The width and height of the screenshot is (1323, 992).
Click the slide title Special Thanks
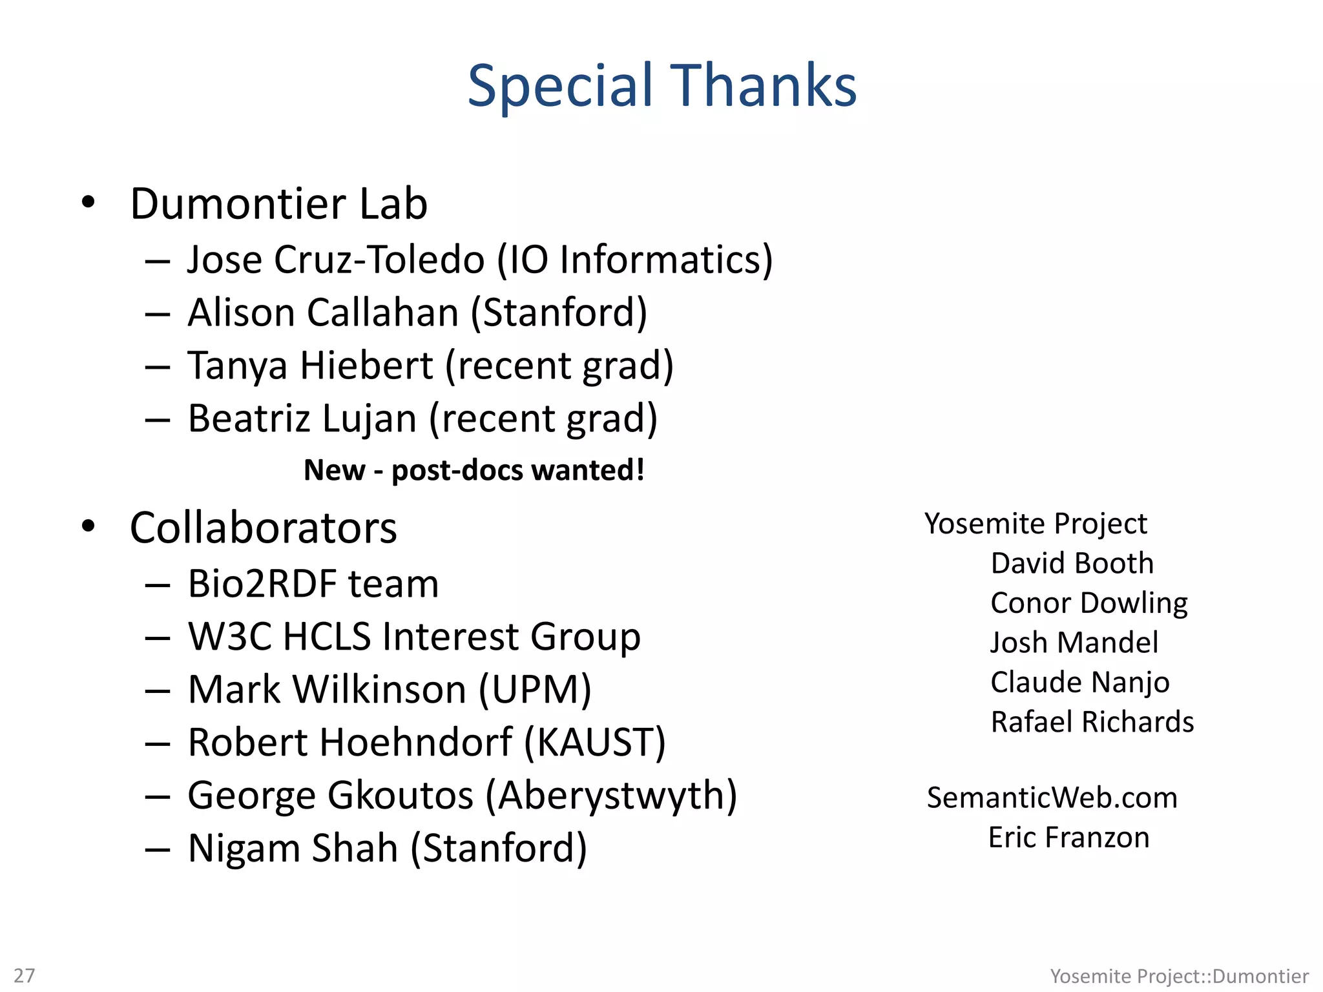tap(661, 85)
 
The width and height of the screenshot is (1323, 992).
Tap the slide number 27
tap(25, 975)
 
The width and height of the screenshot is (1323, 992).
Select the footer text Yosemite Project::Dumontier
tap(1179, 975)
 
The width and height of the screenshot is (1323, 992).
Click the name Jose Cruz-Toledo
tap(336, 260)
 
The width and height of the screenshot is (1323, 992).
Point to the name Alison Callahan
tap(323, 313)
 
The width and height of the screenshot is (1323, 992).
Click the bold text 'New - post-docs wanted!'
tap(474, 470)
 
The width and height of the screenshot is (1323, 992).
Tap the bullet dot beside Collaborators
tap(89, 526)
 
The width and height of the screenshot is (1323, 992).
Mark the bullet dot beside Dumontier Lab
tap(89, 202)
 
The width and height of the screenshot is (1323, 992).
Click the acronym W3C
tap(231, 637)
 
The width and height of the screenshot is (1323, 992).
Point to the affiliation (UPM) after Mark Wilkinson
tap(535, 690)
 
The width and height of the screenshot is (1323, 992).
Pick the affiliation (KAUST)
tap(594, 743)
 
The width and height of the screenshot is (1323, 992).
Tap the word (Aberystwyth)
tap(611, 796)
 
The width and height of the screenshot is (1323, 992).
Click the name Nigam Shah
tap(293, 848)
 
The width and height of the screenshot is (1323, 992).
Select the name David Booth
tap(1072, 563)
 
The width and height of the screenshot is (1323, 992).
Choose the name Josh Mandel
tap(1074, 643)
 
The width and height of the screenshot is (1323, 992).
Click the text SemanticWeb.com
tap(1052, 798)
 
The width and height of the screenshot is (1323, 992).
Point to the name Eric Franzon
tap(1069, 838)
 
